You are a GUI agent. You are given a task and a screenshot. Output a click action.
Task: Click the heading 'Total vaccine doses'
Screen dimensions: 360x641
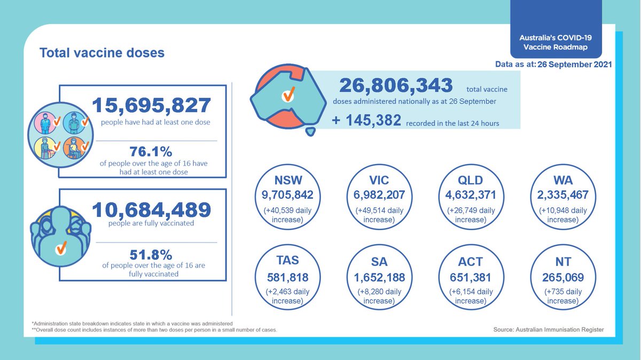click(102, 53)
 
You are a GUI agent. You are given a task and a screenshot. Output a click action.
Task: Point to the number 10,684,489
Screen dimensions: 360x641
click(151, 210)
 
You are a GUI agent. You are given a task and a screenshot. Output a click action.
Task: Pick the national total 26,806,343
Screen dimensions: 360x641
click(396, 85)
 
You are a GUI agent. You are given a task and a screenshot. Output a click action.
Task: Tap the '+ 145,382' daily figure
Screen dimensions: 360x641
click(366, 121)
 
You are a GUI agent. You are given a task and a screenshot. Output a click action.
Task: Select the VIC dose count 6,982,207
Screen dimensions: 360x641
click(379, 195)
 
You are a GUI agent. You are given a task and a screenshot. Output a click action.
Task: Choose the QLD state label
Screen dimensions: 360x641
click(471, 179)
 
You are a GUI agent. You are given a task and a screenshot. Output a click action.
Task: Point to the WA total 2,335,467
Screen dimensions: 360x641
click(563, 195)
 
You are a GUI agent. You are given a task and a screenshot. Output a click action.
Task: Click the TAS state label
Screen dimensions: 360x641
click(287, 261)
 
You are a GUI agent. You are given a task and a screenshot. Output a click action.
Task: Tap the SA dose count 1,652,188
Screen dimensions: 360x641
click(379, 278)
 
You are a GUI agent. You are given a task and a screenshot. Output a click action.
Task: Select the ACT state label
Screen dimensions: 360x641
click(471, 262)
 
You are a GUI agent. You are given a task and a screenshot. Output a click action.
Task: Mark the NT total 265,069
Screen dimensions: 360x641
click(563, 278)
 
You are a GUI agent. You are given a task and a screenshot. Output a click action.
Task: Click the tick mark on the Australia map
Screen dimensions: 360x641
click(289, 95)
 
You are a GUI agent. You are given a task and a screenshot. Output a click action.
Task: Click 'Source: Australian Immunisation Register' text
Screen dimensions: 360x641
click(549, 330)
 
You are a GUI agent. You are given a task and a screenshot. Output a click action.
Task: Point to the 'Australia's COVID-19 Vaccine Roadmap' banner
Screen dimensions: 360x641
click(556, 42)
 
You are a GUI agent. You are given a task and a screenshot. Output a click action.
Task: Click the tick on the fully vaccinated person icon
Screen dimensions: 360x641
click(61, 247)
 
